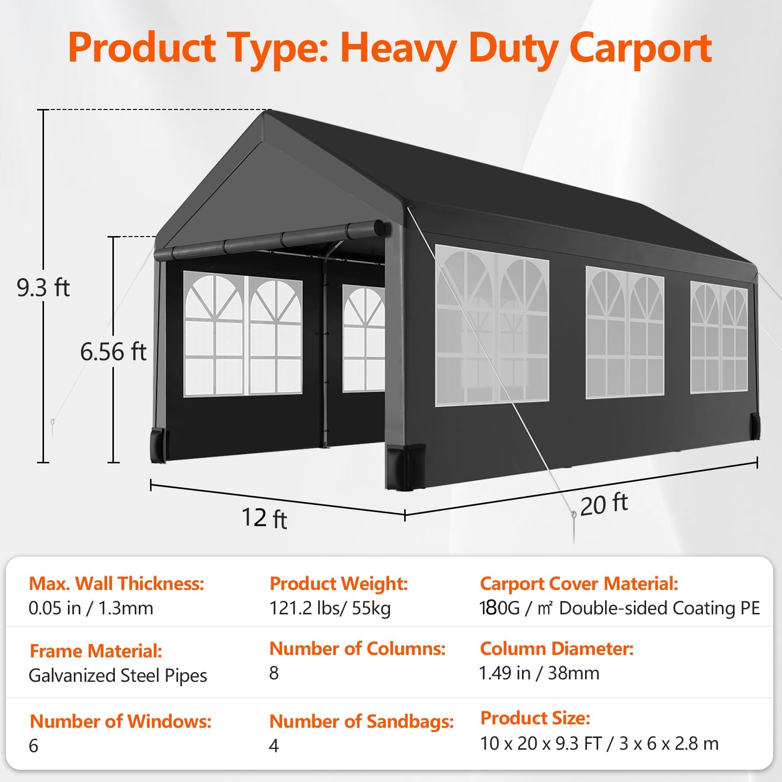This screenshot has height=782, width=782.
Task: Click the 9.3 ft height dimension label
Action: [x=43, y=287]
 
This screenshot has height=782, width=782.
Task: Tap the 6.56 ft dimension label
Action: [x=113, y=351]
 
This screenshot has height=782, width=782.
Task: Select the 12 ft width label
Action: [x=264, y=518]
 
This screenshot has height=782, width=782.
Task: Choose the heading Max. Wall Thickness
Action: [x=116, y=584]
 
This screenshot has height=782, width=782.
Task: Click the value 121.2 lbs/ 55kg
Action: [x=330, y=608]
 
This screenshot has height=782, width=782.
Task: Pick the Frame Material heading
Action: [x=96, y=651]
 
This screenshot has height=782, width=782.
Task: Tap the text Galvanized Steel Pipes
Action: [x=118, y=676]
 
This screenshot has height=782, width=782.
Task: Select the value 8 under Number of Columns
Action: [x=274, y=673]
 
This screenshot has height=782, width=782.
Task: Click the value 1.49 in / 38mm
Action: [x=539, y=673]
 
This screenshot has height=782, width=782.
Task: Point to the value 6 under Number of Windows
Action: [x=33, y=746]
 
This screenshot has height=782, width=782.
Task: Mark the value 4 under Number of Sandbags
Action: [x=274, y=746]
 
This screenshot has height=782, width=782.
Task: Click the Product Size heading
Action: [x=535, y=718]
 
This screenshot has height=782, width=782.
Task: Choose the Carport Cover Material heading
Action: [x=579, y=584]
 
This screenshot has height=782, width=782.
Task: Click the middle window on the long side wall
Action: [x=625, y=332]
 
